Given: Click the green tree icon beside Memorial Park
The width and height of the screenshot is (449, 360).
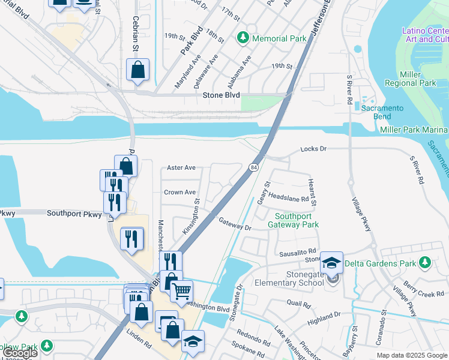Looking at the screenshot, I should coord(243,38).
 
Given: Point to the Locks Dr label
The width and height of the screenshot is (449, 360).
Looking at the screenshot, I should coord(313,148).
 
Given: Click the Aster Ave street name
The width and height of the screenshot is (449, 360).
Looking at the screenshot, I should coord(181,168).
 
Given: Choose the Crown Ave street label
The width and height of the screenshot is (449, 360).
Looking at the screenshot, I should coord(180,193).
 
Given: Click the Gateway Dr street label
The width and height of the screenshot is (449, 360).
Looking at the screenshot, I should coord(235,224).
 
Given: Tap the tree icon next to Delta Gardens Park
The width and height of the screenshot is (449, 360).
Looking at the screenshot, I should coord(425,263).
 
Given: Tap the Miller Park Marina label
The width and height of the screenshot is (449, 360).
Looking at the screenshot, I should coord(413,130).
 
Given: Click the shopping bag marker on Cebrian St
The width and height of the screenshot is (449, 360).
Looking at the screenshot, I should coord(138,70).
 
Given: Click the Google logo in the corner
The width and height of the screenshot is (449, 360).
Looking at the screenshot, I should coord(19,353).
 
